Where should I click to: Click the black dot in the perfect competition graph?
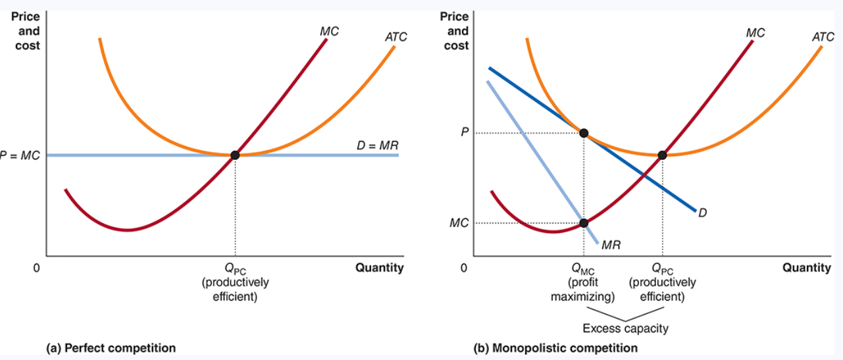pos(235,155)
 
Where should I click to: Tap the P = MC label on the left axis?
pos(20,155)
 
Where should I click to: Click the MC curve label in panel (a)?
pos(329,31)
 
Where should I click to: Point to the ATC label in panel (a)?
pos(396,38)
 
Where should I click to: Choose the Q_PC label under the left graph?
pos(235,269)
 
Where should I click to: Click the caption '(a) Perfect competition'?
pos(111,347)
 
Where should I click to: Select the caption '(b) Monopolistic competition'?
pos(555,347)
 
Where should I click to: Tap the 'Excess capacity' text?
pos(625,328)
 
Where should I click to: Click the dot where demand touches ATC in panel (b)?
pos(584,133)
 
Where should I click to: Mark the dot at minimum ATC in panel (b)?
pos(662,155)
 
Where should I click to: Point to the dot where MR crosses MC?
pos(584,223)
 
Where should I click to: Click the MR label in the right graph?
pos(611,245)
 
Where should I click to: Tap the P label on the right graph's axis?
pos(465,132)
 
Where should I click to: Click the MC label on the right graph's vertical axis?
pos(459,223)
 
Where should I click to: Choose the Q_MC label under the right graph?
pos(583,269)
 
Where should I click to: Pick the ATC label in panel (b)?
pos(823,38)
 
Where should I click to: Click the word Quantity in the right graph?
pos(806,268)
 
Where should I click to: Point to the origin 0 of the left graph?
pos(37,269)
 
